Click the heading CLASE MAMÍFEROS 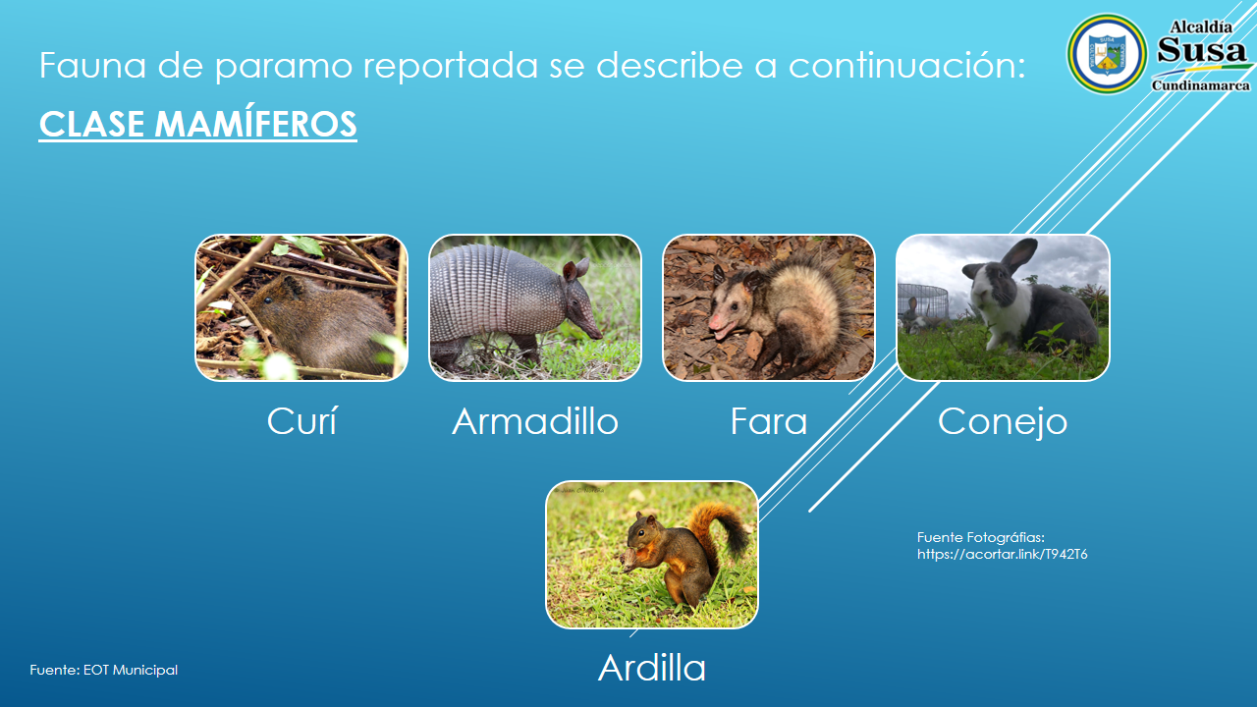(197, 124)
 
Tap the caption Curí (301, 421)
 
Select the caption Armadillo (535, 421)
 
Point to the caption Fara (768, 421)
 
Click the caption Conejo (1003, 422)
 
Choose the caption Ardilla (651, 668)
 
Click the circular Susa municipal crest (1107, 54)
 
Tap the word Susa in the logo (1201, 50)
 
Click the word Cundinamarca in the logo (1201, 85)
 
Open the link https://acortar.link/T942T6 (1003, 554)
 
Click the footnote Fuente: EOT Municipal (104, 670)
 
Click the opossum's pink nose (715, 323)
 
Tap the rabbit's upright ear (1019, 255)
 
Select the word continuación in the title (906, 66)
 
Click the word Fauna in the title (92, 65)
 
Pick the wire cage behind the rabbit (923, 303)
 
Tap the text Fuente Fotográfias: (981, 537)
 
